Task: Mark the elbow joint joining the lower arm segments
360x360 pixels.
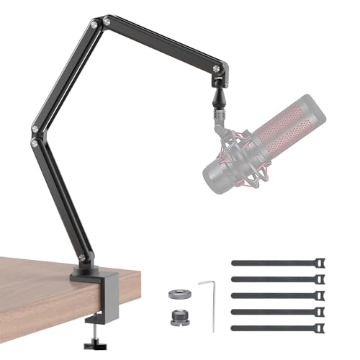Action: coord(35,137)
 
